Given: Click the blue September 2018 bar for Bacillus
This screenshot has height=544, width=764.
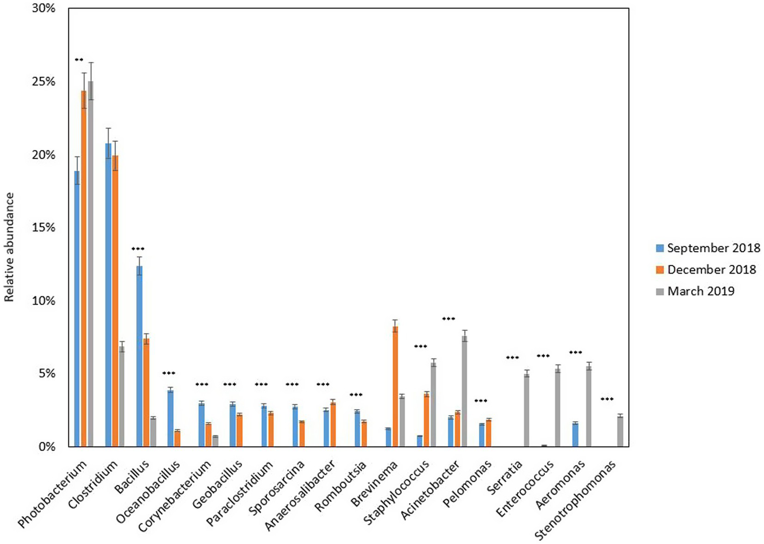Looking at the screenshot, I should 139,356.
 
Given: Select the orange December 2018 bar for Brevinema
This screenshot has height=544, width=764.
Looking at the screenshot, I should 395,386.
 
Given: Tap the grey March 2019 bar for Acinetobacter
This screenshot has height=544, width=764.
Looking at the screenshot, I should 464,391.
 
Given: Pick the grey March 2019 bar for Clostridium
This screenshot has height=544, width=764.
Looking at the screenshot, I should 121,396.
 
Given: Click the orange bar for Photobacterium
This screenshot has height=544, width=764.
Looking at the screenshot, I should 84,269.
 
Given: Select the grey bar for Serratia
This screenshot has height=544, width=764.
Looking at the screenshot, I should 527,410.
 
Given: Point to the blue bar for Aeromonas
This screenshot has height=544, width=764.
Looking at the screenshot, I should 575,435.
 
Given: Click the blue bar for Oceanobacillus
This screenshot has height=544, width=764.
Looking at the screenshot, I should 170,418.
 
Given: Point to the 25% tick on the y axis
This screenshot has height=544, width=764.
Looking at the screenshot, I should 44,82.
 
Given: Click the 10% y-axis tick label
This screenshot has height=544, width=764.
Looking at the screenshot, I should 44,301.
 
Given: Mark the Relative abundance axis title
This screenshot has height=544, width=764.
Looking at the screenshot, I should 9,247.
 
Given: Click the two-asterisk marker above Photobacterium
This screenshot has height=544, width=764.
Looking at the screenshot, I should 79,60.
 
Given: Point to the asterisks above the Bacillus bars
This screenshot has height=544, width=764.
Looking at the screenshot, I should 138,249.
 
